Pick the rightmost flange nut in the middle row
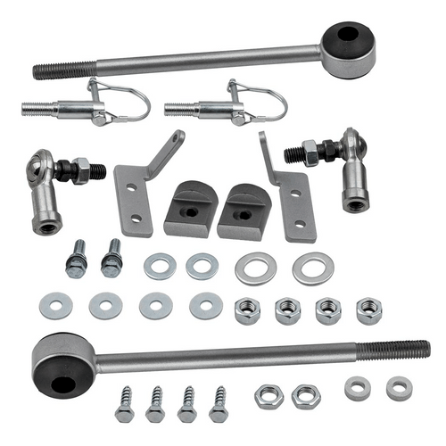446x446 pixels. pyautogui.click(x=369, y=310)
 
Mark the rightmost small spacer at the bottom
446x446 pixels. pyautogui.click(x=399, y=387)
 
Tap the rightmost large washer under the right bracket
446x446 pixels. pyautogui.click(x=313, y=267)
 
